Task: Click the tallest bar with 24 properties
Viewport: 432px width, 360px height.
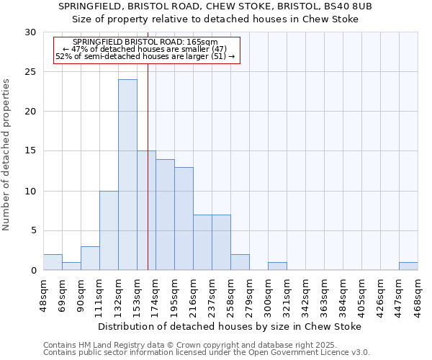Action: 127,175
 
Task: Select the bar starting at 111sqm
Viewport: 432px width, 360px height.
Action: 109,230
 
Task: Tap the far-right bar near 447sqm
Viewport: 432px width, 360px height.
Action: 408,266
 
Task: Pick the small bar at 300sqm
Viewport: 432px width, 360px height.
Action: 277,266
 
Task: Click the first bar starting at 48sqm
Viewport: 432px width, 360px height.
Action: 53,262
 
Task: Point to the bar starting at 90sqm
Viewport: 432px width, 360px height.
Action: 90,258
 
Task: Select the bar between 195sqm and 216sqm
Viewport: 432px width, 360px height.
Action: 184,219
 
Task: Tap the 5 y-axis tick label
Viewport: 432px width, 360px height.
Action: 32,231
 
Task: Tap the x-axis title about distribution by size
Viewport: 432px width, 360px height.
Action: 230,326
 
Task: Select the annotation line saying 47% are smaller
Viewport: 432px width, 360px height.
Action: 145,49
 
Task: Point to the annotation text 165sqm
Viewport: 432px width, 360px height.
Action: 145,42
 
